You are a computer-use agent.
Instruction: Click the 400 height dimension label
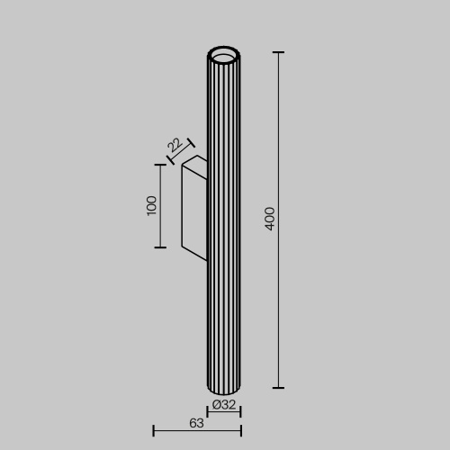coord(270,219)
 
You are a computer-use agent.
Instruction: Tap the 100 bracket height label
coord(151,205)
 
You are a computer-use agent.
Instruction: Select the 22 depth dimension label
coord(175,145)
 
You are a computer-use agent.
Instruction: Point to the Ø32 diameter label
coord(224,404)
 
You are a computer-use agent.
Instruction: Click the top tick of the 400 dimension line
coord(278,53)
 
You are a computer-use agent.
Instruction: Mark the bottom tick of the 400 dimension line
coord(278,388)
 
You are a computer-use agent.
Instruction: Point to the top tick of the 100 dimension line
coord(161,165)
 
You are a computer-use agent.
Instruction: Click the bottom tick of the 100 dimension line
coord(161,247)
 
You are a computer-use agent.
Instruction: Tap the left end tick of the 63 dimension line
coord(154,430)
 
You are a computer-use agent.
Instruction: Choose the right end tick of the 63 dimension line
coord(240,430)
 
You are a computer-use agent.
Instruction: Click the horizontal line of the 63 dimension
coord(196,430)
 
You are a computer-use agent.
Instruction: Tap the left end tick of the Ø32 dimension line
coord(208,413)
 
